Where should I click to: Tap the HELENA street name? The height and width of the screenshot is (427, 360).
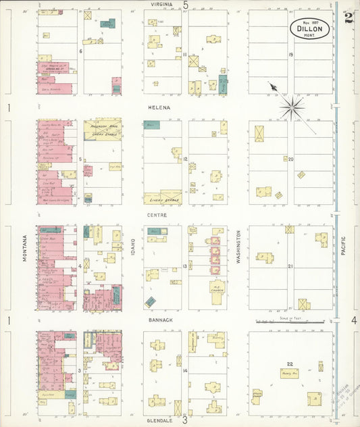click(x=161, y=107)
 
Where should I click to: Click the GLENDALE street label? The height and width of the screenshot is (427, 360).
click(x=161, y=420)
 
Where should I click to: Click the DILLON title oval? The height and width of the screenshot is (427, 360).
click(x=311, y=29)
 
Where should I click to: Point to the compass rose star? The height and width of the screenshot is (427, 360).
click(x=291, y=106)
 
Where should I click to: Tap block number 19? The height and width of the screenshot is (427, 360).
click(x=290, y=55)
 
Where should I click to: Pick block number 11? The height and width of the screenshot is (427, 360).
click(x=184, y=54)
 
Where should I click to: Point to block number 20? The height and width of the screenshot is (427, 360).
click(x=290, y=160)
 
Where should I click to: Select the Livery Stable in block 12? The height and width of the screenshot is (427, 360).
click(x=161, y=198)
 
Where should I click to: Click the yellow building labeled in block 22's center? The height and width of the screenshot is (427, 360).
click(x=290, y=372)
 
